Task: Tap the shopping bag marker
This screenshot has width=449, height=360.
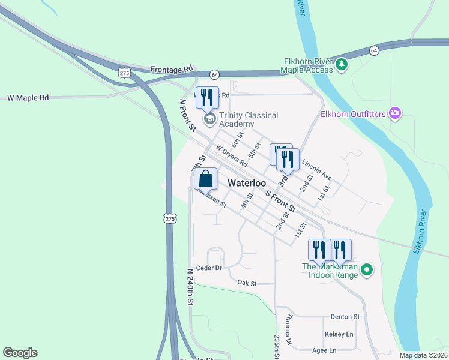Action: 205,179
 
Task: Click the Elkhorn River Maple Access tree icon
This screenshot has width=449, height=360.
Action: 341,64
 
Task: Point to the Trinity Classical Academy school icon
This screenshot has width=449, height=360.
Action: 209,119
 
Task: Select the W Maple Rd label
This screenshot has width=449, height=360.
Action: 28,97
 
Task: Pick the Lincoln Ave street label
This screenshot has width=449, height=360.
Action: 316,169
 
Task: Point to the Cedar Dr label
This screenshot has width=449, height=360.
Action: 209,268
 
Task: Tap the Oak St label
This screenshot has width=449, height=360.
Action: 247,283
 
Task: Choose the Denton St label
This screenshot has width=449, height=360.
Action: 345,316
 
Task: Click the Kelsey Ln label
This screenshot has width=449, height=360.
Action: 339,334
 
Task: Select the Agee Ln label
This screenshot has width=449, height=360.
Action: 324,350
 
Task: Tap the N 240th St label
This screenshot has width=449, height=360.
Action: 190,287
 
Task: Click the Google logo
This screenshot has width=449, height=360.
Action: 20,353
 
